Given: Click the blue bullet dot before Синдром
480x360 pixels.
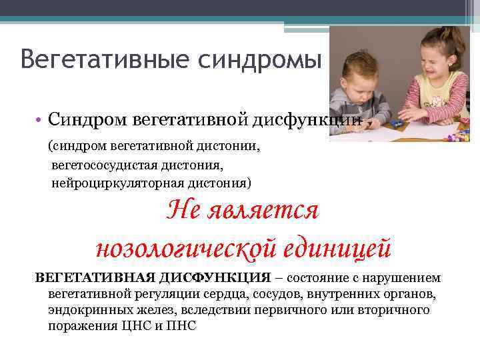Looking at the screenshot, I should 40,120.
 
